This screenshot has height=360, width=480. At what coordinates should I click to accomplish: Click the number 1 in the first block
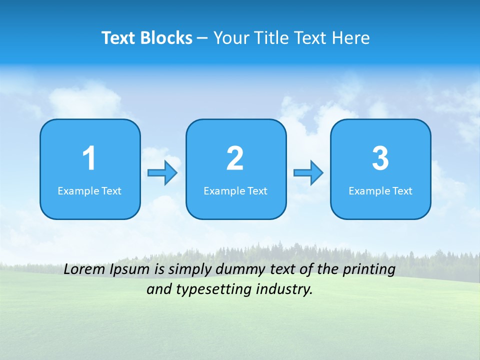(89, 158)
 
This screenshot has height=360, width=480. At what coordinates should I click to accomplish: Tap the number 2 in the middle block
(235, 158)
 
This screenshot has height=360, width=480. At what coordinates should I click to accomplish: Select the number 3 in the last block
(380, 158)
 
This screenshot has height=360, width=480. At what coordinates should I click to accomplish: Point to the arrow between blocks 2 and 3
(308, 173)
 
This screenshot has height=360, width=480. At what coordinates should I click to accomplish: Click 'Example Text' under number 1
(89, 191)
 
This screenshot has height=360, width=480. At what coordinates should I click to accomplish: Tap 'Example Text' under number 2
(235, 191)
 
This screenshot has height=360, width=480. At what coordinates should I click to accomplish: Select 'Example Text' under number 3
(380, 191)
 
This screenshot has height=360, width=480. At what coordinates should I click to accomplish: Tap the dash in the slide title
(203, 38)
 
